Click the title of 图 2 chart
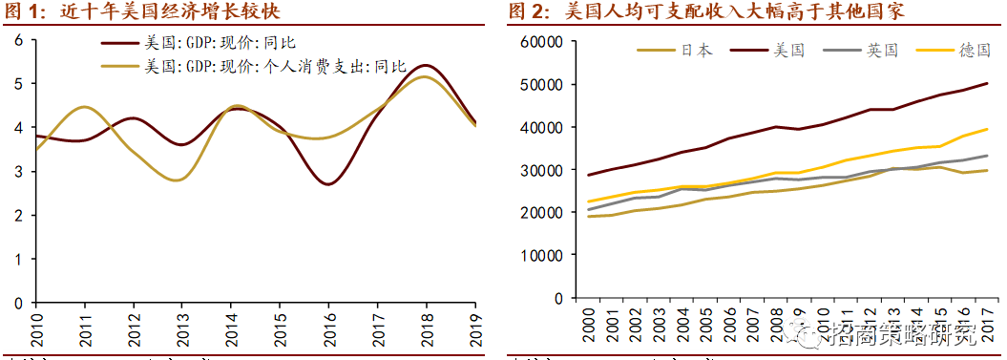(x=705, y=12)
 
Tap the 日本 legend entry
(x=698, y=51)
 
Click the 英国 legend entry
(x=883, y=51)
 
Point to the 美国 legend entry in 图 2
(x=790, y=51)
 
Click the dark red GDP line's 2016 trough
(x=327, y=183)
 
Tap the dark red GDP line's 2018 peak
(x=426, y=66)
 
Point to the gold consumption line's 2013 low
(x=181, y=180)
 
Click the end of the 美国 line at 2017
(x=987, y=84)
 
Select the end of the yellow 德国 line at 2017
(x=987, y=129)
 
